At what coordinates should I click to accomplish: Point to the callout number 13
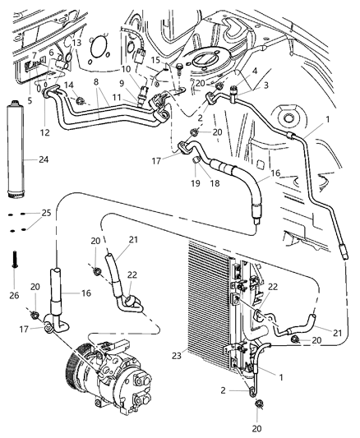[x=76, y=43]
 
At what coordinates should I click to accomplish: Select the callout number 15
[x=153, y=58]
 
